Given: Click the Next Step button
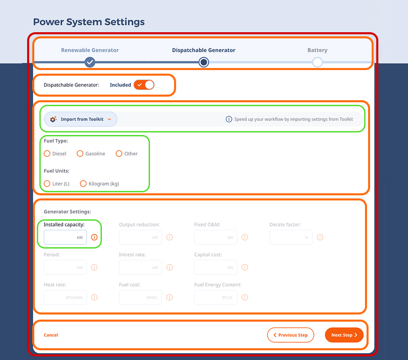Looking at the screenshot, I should coord(344,335).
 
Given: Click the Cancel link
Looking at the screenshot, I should coord(51,335).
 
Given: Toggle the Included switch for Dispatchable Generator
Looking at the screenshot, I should coord(144,85).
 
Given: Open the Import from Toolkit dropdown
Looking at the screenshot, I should coord(81,119).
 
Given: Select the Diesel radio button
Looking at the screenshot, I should coord(47,153).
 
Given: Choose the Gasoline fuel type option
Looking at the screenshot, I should coord(80,153).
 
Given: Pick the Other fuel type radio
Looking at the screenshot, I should coord(119,153).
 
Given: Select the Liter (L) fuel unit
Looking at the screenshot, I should coord(47,184).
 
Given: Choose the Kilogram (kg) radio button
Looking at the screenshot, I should coord(83,184).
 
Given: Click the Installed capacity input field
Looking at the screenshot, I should coord(61,237).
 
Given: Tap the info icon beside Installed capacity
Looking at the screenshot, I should coord(94,237).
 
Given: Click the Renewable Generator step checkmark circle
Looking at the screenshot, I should coord(90,62).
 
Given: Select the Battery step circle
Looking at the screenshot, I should coord(317,62).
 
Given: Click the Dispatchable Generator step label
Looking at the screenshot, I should coord(204,50).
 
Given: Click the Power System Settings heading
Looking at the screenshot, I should coord(89,22).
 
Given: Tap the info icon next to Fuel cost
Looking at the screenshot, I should coord(169,297).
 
